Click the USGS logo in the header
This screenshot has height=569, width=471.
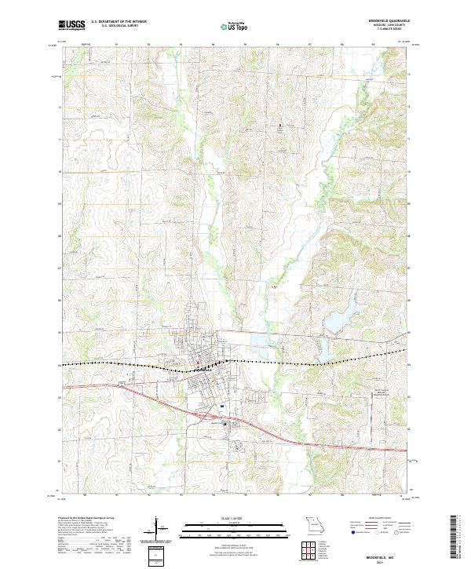(x=71, y=25)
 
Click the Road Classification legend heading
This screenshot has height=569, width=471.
(x=371, y=518)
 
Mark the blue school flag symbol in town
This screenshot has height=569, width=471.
(x=223, y=406)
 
